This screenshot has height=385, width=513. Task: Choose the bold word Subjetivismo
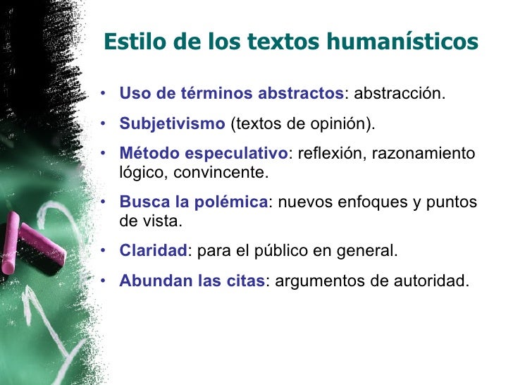click(172, 124)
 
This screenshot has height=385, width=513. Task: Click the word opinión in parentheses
click(342, 125)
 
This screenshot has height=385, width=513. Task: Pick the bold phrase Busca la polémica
click(194, 203)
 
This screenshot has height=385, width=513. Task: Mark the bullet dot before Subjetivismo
click(104, 125)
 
